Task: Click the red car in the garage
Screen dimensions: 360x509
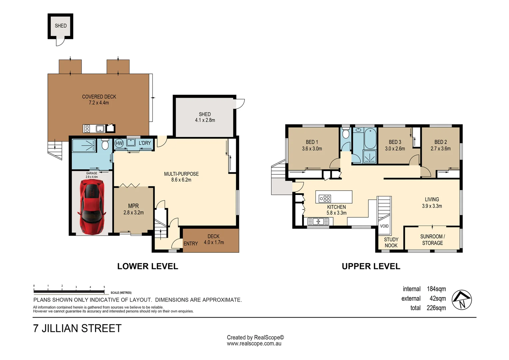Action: click(92, 206)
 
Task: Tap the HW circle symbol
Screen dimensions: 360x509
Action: click(119, 143)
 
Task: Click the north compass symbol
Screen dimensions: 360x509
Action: click(462, 300)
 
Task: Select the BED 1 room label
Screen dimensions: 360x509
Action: click(312, 142)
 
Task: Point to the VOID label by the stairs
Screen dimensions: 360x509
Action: click(384, 226)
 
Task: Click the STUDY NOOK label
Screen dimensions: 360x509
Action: click(391, 242)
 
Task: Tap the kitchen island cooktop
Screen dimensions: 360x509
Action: click(325, 199)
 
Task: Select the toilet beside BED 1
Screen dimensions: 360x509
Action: click(346, 134)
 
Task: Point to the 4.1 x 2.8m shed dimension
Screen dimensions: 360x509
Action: click(205, 120)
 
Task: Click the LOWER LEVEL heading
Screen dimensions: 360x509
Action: click(148, 266)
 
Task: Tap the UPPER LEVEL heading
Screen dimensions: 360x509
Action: click(371, 266)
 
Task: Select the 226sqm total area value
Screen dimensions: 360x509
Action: click(436, 308)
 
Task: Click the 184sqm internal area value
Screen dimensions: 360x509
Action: click(436, 289)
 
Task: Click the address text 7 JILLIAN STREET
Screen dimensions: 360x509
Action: click(77, 328)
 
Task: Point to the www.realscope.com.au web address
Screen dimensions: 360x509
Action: click(254, 344)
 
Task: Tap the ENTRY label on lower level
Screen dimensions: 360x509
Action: click(191, 244)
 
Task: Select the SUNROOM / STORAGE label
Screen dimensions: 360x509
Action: click(432, 240)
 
